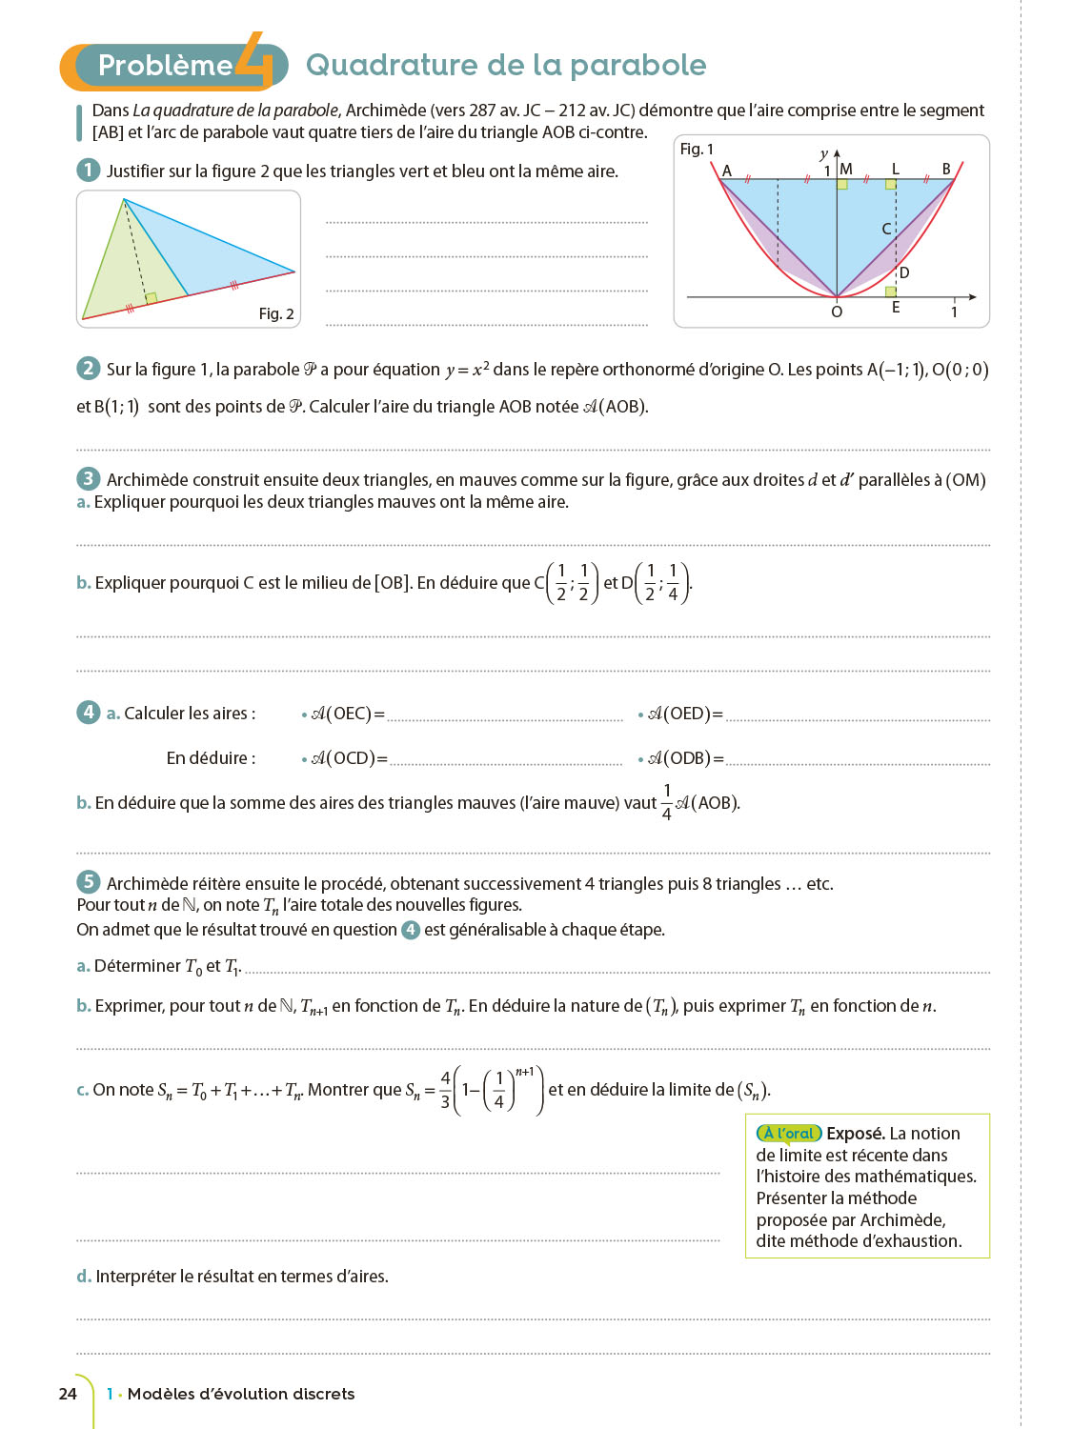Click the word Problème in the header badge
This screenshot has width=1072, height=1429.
tap(165, 65)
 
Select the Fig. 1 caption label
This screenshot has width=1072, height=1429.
tap(697, 150)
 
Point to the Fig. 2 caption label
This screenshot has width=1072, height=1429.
tap(276, 313)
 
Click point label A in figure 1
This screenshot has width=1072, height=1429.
tap(727, 171)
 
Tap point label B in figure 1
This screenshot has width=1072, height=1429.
tap(946, 169)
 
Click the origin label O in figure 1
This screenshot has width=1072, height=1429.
tap(837, 312)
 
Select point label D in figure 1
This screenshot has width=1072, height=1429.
tap(904, 273)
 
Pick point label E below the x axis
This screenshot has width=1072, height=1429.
tap(896, 308)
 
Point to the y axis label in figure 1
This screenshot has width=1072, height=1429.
tap(824, 153)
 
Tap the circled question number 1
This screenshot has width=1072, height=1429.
tap(88, 171)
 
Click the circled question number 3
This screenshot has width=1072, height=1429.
tap(88, 479)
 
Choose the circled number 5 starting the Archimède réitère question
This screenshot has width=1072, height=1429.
tap(88, 882)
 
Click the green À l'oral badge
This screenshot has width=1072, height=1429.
tap(789, 1134)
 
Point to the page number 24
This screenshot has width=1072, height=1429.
tap(68, 1394)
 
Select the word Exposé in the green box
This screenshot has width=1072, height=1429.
tap(854, 1134)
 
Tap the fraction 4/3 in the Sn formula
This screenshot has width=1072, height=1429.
tap(445, 1090)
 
